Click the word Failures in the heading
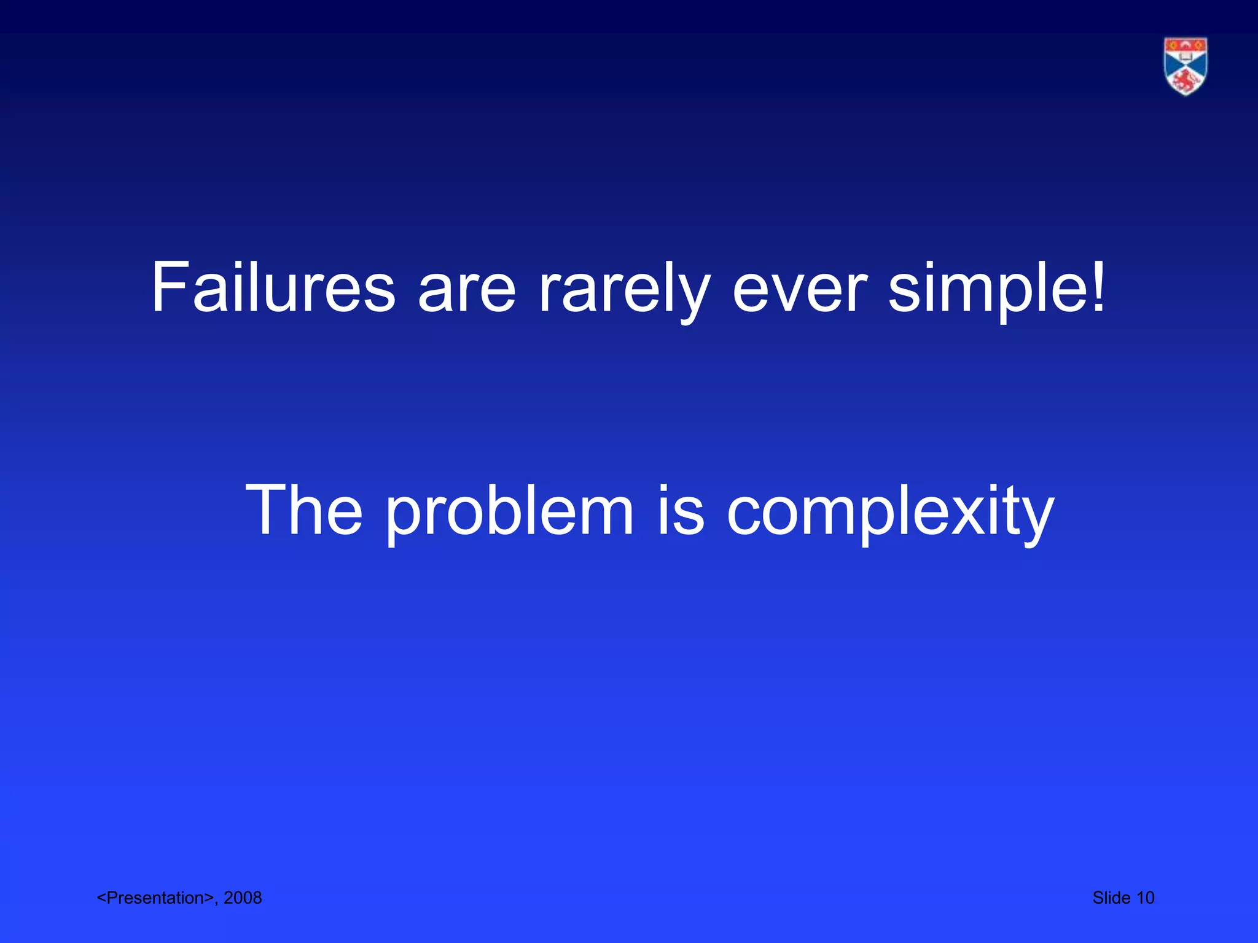[273, 288]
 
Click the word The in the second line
[304, 510]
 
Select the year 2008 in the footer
[243, 898]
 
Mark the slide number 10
[1145, 898]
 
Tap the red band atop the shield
[1186, 45]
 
